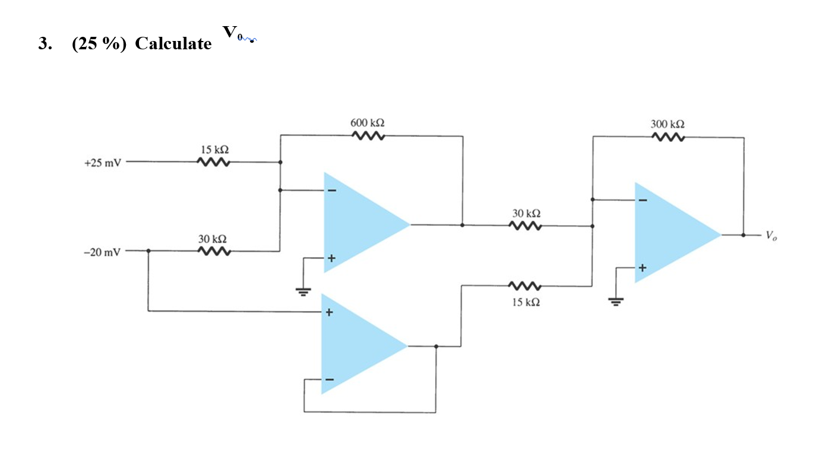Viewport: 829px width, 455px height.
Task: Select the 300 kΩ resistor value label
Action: pyautogui.click(x=667, y=124)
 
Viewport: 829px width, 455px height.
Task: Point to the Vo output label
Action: pyautogui.click(x=771, y=236)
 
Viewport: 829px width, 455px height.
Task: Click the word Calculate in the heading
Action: pyautogui.click(x=173, y=44)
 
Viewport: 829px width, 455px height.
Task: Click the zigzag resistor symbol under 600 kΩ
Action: pyautogui.click(x=368, y=137)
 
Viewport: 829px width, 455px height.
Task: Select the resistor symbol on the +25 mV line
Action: pyautogui.click(x=213, y=162)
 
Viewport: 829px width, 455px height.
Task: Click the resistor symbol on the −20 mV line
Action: pyautogui.click(x=213, y=251)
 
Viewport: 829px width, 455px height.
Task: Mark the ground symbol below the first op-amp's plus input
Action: pyautogui.click(x=303, y=292)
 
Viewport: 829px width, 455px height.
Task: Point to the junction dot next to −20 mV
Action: pyautogui.click(x=148, y=251)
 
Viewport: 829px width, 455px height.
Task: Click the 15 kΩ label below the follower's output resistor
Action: pyautogui.click(x=525, y=302)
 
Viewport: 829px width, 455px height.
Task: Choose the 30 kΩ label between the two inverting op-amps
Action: pyautogui.click(x=526, y=213)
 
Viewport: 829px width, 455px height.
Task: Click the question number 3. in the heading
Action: pyautogui.click(x=43, y=44)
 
